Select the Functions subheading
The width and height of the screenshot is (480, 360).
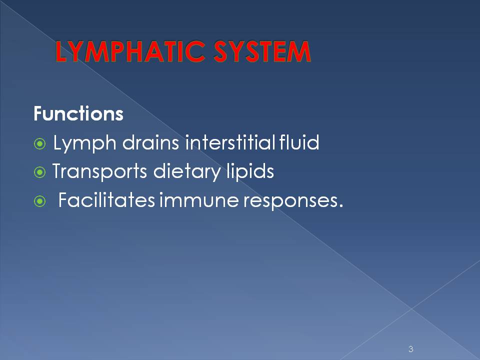click(78, 114)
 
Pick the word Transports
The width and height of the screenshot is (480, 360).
click(98, 173)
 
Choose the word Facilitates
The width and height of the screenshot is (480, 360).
click(106, 201)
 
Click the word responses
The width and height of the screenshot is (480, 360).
click(287, 202)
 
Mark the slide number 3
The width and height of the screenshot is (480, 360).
click(410, 349)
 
